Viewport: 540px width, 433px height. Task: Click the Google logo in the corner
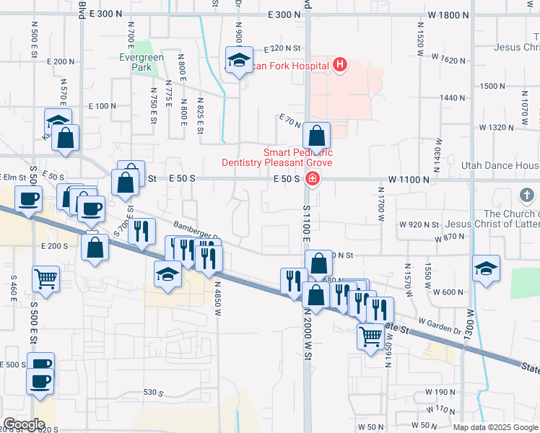click(x=24, y=424)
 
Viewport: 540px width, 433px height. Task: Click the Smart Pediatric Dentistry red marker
click(x=312, y=179)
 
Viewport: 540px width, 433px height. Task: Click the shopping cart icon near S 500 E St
click(x=45, y=278)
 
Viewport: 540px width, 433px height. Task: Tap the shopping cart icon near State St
click(x=371, y=335)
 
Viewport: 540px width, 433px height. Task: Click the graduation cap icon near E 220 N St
click(x=238, y=61)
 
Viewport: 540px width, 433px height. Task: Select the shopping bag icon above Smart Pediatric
click(x=316, y=135)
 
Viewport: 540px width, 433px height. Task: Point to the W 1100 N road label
click(x=409, y=178)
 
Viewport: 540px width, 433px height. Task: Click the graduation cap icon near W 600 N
click(x=487, y=268)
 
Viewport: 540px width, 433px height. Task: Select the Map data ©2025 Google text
click(x=495, y=427)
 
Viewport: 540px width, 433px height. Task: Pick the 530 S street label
click(x=154, y=393)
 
